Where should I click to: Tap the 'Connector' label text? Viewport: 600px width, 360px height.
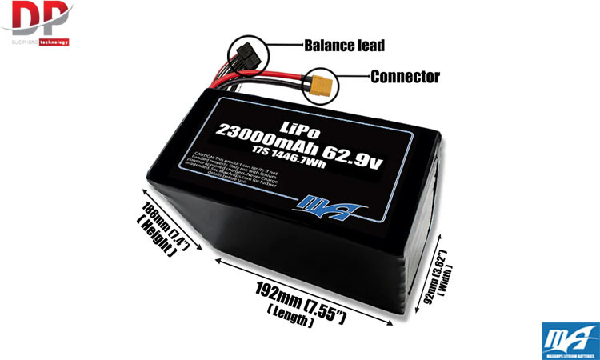405,77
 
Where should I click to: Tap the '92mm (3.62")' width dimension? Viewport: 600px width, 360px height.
438,277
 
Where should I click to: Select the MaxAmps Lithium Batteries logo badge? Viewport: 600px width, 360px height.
569,339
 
